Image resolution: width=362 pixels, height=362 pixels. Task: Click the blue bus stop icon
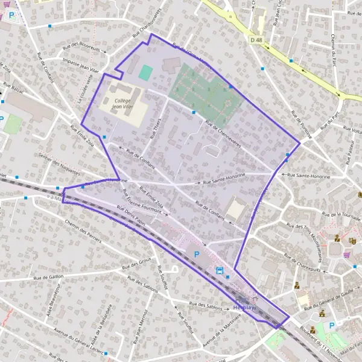pyautogui.click(x=220, y=270)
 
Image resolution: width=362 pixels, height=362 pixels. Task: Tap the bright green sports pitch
pyautogui.click(x=145, y=72)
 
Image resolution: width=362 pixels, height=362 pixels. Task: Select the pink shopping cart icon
pyautogui.click(x=346, y=255)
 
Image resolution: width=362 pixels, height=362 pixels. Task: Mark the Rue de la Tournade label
pyautogui.click(x=341, y=215)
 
